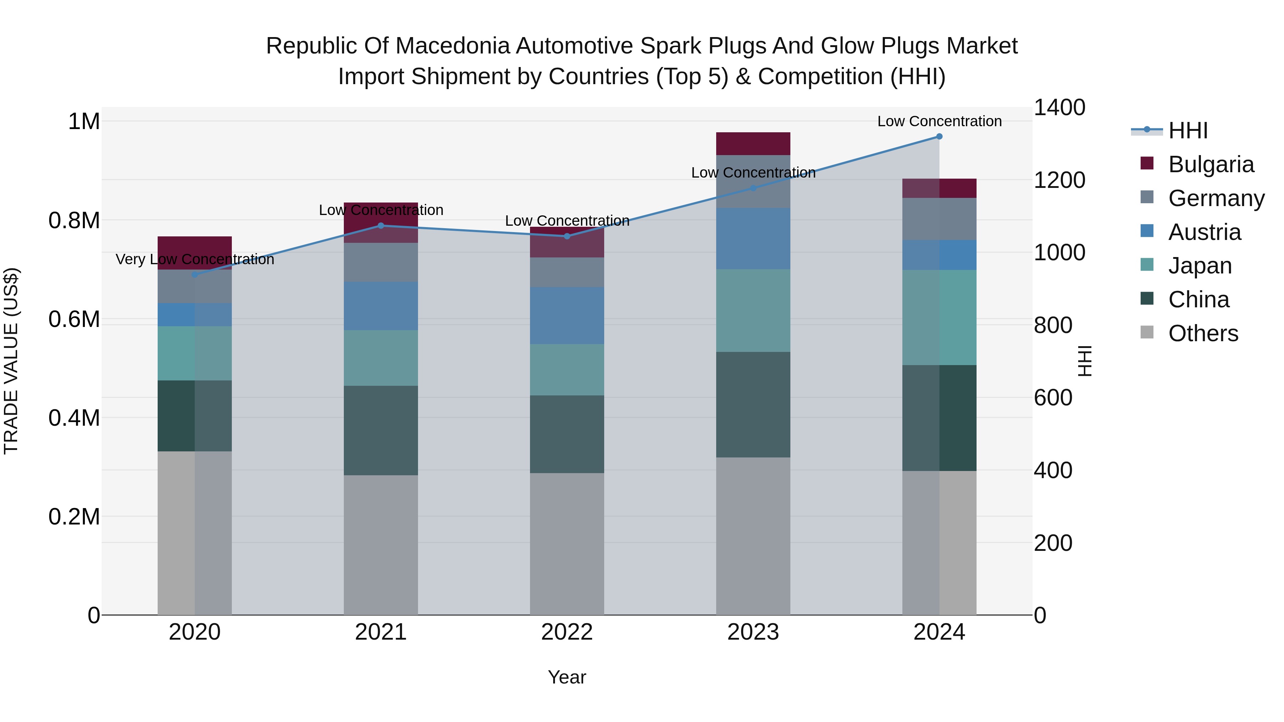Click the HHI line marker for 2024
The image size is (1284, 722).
coord(939,136)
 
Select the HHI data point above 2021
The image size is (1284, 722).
coord(381,226)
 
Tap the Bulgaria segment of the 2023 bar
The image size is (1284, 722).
coord(753,143)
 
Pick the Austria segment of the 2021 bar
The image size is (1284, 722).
coord(381,306)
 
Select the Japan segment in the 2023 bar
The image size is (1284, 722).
coord(753,311)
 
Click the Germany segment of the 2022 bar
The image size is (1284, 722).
coord(567,272)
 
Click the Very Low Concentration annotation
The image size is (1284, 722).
coord(195,259)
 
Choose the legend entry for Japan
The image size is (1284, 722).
coord(1199,266)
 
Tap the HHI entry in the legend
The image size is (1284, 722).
coord(1188,130)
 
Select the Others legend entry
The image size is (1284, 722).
coord(1203,333)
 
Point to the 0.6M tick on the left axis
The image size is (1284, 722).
coord(74,319)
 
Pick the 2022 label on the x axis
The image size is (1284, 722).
coord(567,632)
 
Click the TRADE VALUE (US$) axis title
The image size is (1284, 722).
coord(11,361)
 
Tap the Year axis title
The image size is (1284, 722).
coord(567,677)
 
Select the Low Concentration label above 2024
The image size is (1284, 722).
coord(939,121)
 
